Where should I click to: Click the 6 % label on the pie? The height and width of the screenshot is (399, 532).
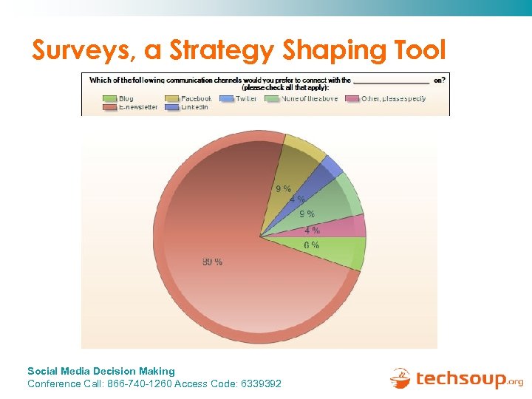[x=311, y=245]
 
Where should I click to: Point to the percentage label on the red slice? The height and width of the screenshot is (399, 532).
[x=212, y=262]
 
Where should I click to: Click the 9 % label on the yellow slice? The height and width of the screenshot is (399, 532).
[x=283, y=188]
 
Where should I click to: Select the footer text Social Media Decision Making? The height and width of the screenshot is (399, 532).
[x=101, y=371]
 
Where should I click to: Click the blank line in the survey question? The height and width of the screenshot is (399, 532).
[x=391, y=81]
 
